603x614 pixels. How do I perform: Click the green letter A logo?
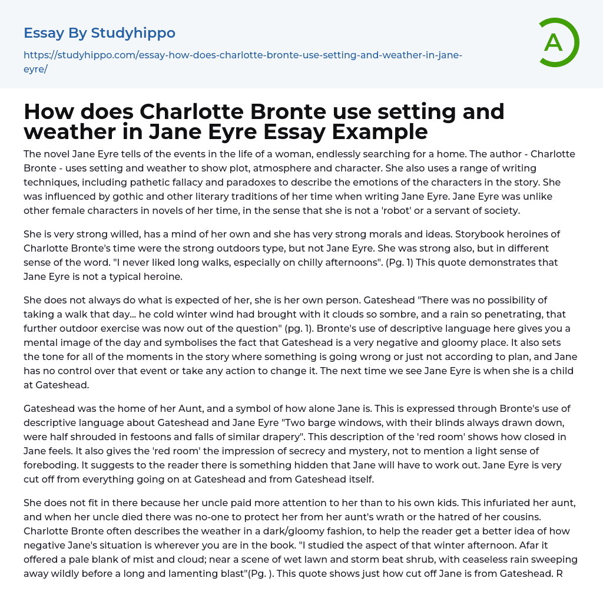coord(555,42)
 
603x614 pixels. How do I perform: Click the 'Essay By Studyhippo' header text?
coord(100,33)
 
